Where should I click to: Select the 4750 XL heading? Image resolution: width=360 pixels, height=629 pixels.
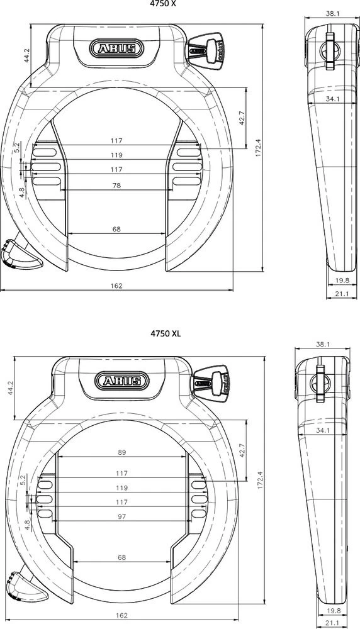(x=165, y=333)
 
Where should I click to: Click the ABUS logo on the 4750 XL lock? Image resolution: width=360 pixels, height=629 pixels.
(x=122, y=380)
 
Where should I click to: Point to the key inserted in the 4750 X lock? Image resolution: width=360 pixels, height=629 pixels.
(x=207, y=48)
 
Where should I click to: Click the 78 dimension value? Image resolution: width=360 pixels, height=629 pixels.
(x=116, y=186)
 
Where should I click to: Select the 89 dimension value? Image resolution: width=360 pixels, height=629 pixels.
(x=122, y=452)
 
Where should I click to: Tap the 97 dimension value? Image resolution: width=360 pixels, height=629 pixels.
(x=122, y=516)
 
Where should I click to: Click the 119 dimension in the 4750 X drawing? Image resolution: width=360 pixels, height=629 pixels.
(x=116, y=155)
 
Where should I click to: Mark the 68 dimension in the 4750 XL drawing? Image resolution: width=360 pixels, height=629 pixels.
(x=122, y=557)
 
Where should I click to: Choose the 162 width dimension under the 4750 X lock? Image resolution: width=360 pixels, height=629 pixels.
(x=116, y=286)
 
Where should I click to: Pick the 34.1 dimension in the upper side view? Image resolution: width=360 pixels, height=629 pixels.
(x=334, y=99)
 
